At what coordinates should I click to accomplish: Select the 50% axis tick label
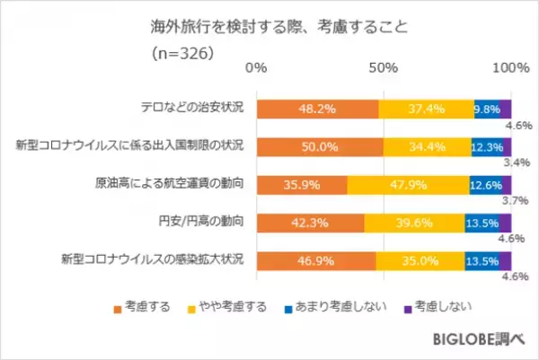click(x=384, y=68)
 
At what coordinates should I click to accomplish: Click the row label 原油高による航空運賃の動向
click(x=172, y=184)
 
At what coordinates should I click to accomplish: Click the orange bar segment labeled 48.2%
click(x=318, y=109)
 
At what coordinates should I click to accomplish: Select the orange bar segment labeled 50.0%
click(x=321, y=146)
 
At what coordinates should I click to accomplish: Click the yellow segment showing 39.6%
click(x=414, y=223)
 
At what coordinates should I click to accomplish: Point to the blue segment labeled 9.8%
click(x=487, y=109)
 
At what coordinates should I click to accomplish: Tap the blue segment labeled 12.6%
click(x=486, y=184)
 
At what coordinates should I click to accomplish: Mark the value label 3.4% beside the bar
click(x=522, y=164)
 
